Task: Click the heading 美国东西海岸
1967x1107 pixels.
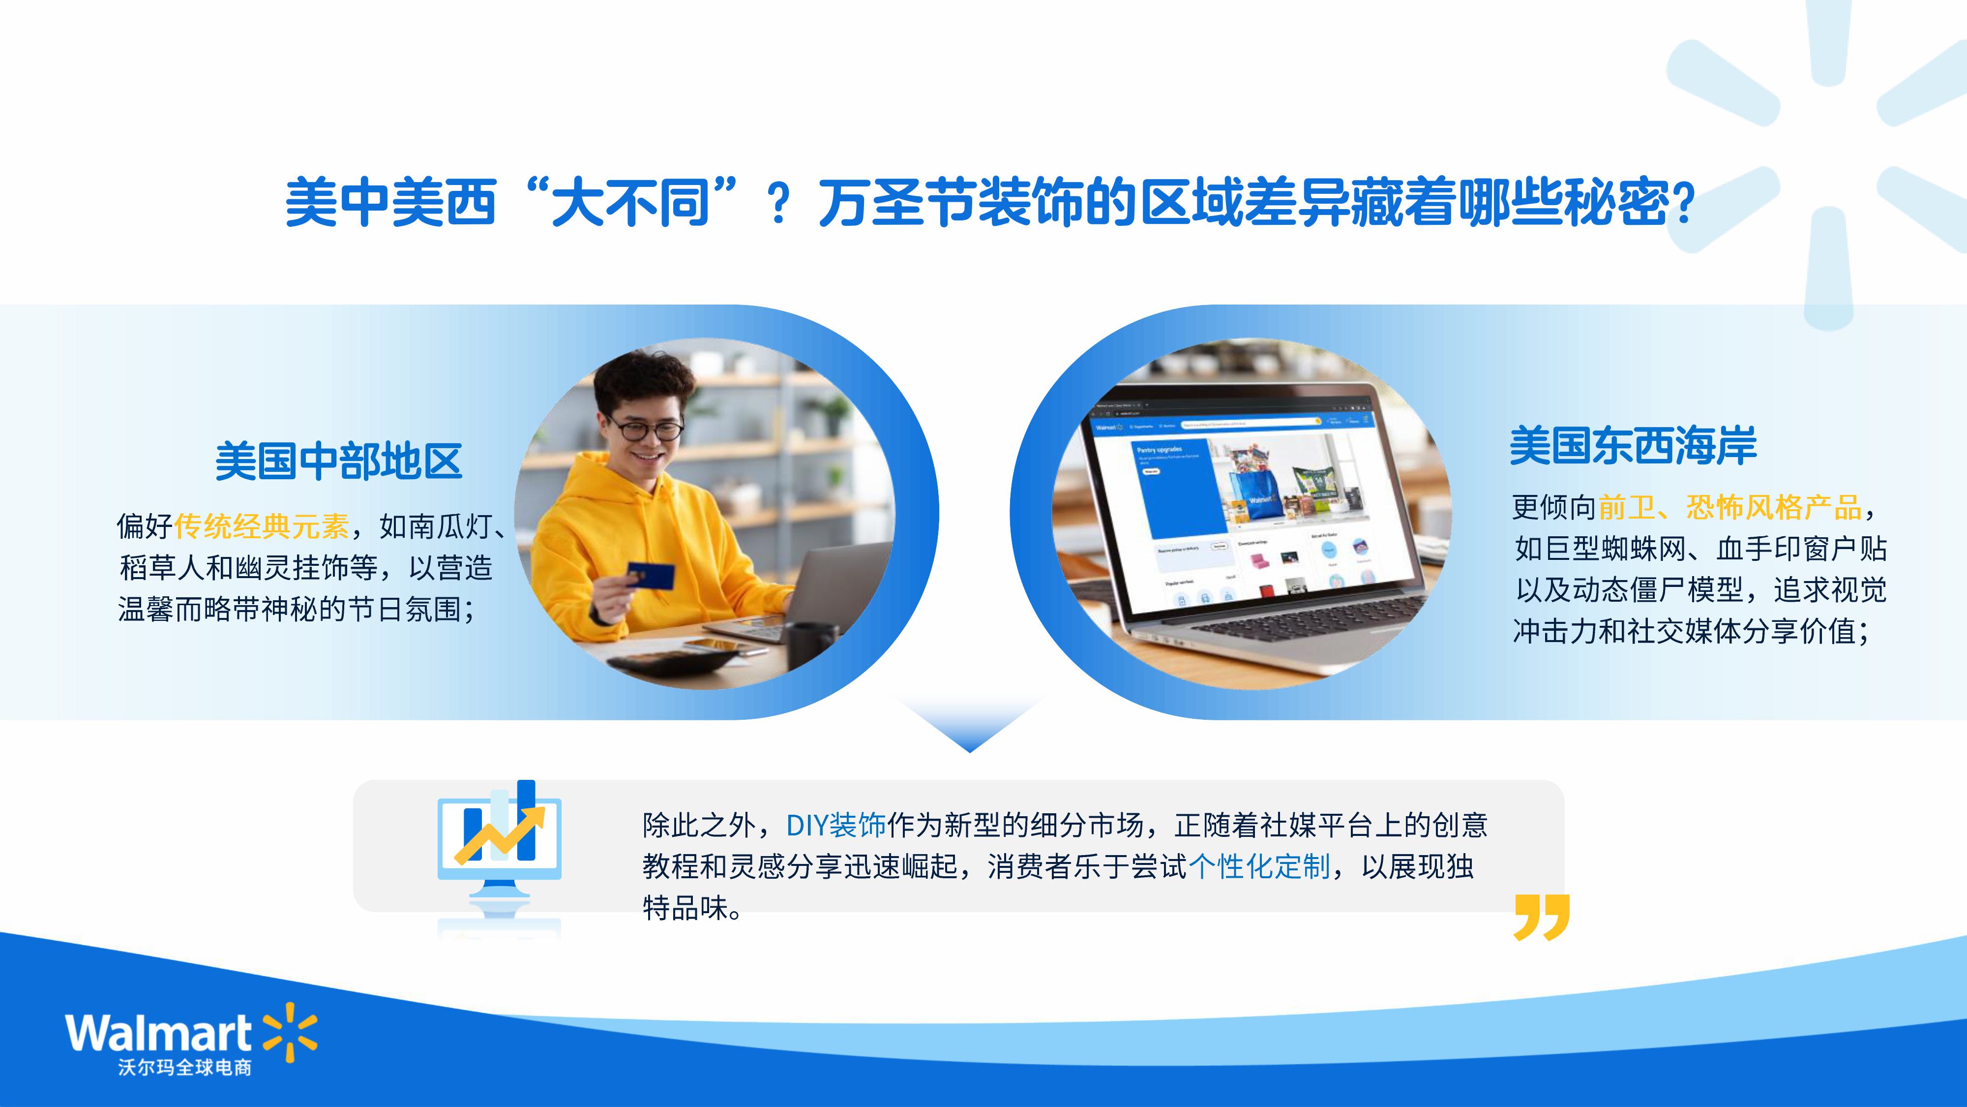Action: (x=1633, y=446)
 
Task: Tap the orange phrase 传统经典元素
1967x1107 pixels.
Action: (x=262, y=526)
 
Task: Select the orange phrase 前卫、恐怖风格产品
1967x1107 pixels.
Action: (x=1730, y=507)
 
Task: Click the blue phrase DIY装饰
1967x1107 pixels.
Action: (x=836, y=825)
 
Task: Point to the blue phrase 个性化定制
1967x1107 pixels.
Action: (x=1260, y=866)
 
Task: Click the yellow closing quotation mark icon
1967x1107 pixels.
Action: (x=1542, y=917)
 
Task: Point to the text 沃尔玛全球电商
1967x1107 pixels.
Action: (x=185, y=1067)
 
